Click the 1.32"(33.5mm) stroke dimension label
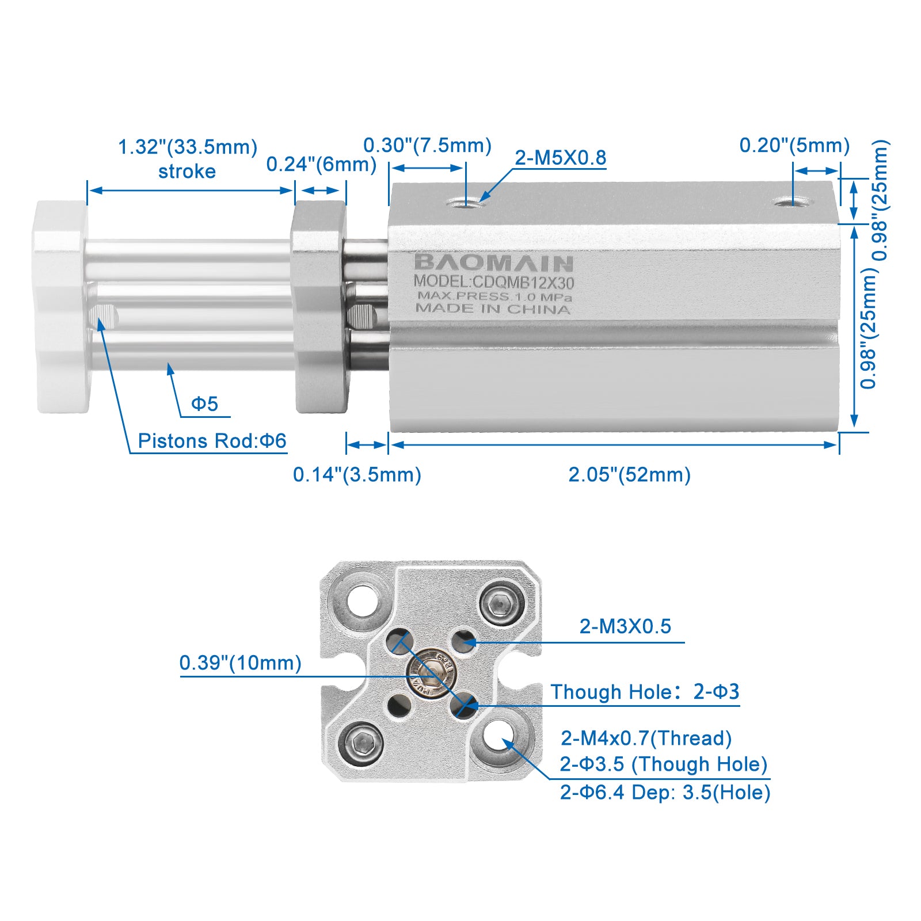188,158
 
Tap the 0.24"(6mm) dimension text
321,164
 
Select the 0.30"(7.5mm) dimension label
428,145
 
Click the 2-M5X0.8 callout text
561,157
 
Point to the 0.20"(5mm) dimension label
795,145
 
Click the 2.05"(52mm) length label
630,475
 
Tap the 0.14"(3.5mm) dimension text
357,475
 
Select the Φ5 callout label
205,404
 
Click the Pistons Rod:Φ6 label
212,441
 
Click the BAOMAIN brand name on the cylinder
493,263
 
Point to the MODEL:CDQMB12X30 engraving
494,282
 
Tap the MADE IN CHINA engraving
493,309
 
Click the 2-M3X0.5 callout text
626,626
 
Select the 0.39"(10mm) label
241,663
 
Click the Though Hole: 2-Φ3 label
645,691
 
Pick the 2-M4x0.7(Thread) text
646,738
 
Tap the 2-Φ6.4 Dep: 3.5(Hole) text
665,792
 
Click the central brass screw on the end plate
432,672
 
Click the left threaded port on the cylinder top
466,202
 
